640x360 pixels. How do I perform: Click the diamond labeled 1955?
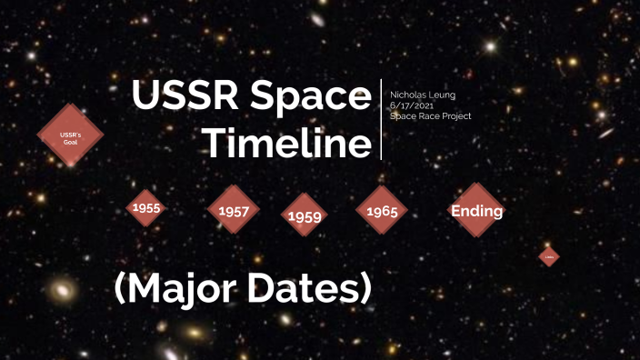click(x=145, y=208)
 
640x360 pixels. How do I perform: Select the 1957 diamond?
click(x=234, y=210)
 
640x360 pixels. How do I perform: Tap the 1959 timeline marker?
click(x=305, y=215)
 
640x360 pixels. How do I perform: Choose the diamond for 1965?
click(x=382, y=211)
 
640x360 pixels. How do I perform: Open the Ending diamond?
click(x=476, y=211)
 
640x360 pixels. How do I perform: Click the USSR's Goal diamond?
click(x=70, y=135)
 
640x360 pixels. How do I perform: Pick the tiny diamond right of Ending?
click(x=548, y=257)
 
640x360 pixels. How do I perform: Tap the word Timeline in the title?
click(x=286, y=144)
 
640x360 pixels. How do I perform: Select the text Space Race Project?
click(x=430, y=116)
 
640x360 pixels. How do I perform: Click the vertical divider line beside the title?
click(x=382, y=119)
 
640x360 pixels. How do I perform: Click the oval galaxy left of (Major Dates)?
click(x=62, y=292)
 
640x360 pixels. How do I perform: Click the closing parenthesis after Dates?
click(x=364, y=288)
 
